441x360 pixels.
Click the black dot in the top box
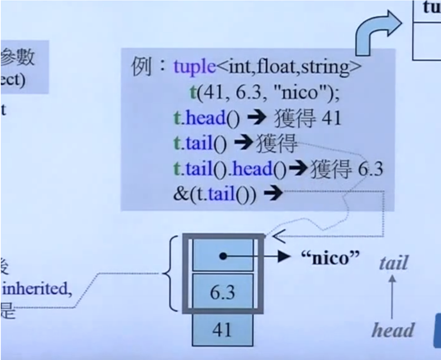(x=222, y=257)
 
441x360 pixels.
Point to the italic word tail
(x=393, y=263)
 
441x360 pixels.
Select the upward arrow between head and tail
(x=393, y=297)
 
